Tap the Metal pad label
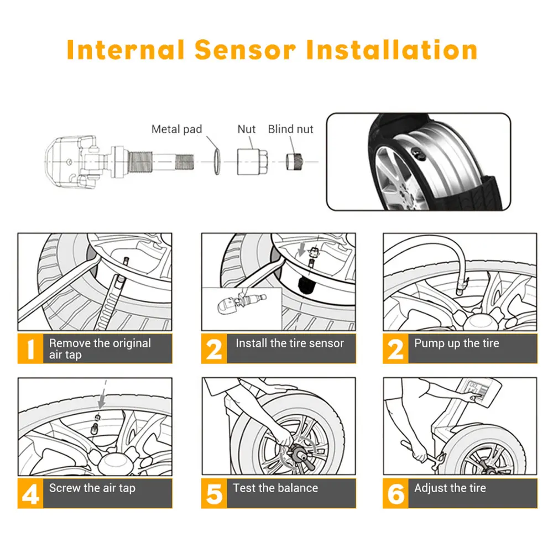[x=177, y=129]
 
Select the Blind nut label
[x=290, y=129]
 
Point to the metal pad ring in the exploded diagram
[x=216, y=161]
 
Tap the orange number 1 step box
[x=30, y=349]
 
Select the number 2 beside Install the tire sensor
[x=213, y=349]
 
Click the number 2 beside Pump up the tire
[x=395, y=349]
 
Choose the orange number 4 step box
[x=30, y=494]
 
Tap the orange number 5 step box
[x=213, y=494]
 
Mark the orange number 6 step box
[x=395, y=494]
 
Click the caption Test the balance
[x=275, y=488]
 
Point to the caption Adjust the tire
[x=450, y=488]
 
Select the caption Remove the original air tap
[x=100, y=349]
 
